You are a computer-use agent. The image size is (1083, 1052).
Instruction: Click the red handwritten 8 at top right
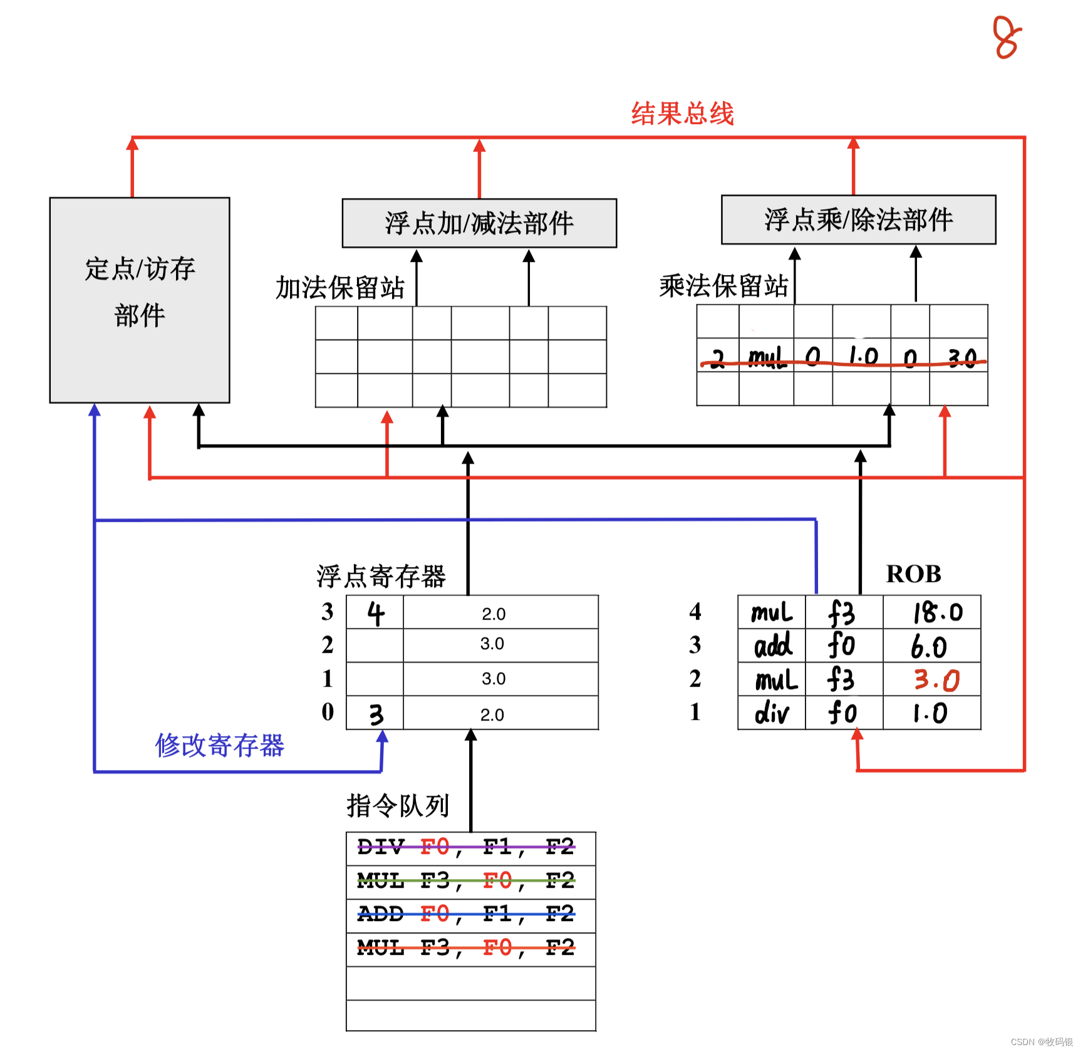(x=1007, y=38)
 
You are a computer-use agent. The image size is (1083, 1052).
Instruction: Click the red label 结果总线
(x=682, y=114)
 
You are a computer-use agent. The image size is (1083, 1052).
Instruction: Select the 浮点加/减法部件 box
(x=479, y=223)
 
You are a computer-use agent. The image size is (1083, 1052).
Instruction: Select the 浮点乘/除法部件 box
(x=858, y=219)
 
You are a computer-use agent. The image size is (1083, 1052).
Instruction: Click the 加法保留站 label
(x=340, y=288)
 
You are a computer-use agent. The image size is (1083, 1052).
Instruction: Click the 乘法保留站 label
(x=723, y=286)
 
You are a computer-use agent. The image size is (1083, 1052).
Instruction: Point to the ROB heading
(x=913, y=574)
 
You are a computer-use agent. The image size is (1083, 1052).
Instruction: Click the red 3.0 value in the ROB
(x=936, y=680)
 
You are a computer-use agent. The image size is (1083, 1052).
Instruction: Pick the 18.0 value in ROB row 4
(x=937, y=613)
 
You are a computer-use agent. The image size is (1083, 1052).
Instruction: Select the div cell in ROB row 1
(x=772, y=713)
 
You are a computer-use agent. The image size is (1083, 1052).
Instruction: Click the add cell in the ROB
(x=772, y=646)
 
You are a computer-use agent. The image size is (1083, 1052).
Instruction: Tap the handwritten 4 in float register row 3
(x=375, y=613)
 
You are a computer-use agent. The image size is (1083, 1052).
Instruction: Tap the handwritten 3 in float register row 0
(x=376, y=714)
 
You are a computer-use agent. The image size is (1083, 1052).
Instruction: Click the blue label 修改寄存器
(x=220, y=746)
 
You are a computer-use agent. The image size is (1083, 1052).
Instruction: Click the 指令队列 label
(x=398, y=806)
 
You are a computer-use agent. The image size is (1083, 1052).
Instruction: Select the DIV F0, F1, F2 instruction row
(x=466, y=848)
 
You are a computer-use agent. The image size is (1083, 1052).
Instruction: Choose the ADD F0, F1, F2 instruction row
(x=466, y=915)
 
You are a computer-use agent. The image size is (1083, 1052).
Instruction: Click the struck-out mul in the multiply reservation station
(x=767, y=357)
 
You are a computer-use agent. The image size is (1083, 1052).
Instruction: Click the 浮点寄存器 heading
(x=381, y=576)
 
